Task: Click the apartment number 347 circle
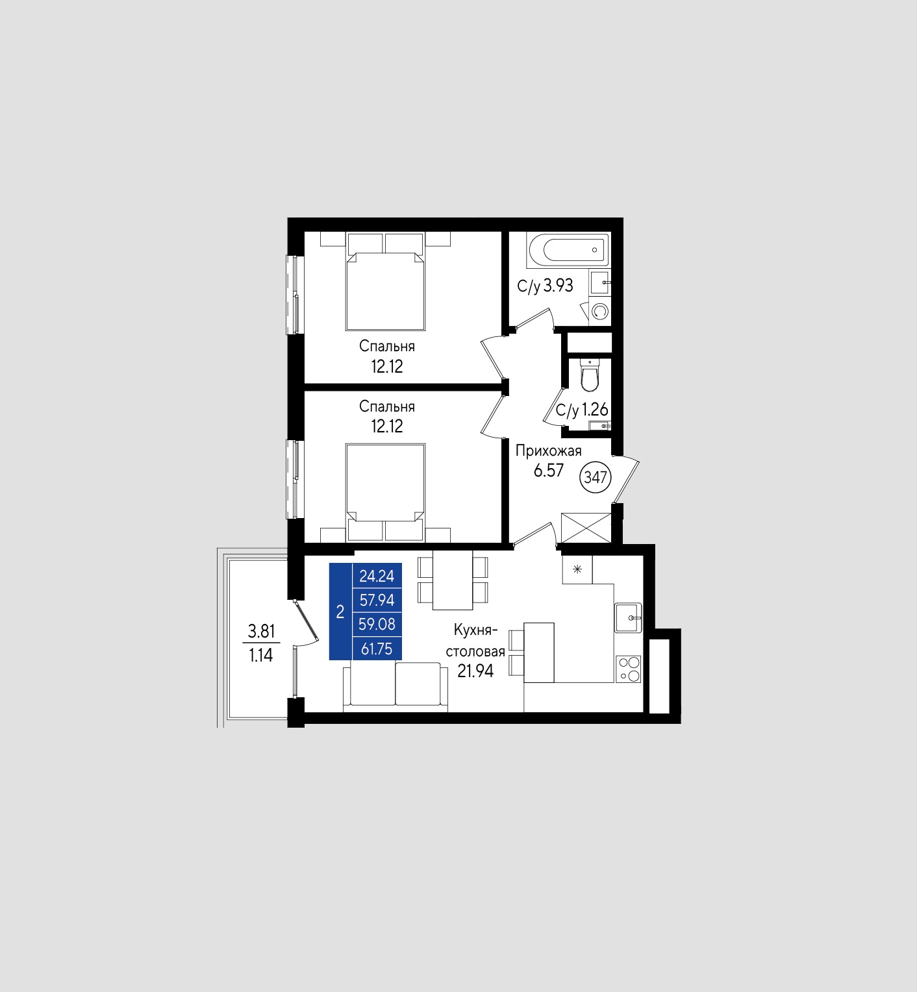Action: [x=596, y=478]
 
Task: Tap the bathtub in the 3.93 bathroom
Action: [x=568, y=250]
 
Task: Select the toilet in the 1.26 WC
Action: [x=590, y=375]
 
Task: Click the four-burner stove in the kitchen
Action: [x=629, y=669]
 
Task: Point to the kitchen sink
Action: [x=629, y=617]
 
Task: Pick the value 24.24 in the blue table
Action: [x=377, y=576]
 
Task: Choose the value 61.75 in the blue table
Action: [x=377, y=648]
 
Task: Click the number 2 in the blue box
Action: [x=340, y=612]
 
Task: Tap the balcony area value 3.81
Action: [x=262, y=630]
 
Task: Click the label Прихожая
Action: [x=549, y=451]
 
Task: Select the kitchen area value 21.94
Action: [x=475, y=671]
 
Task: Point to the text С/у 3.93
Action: [x=546, y=286]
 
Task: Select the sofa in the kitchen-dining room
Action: [x=396, y=687]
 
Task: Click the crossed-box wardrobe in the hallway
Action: [x=586, y=528]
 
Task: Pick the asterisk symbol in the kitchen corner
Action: [x=577, y=570]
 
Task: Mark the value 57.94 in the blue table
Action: [x=377, y=600]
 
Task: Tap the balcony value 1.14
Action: [x=261, y=655]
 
